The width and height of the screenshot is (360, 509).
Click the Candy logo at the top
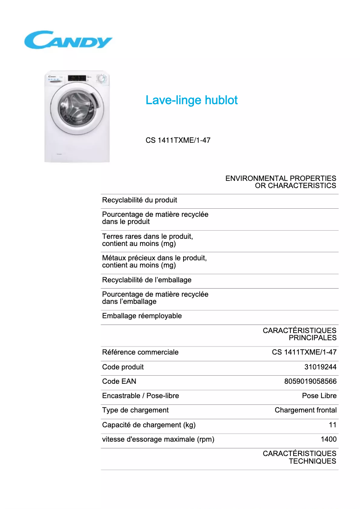pos(68,40)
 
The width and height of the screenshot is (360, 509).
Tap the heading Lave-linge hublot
pos(191,100)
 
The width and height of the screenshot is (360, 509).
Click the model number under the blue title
pos(178,140)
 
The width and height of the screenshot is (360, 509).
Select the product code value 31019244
pos(320,367)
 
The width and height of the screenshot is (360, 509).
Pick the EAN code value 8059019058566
pos(310,382)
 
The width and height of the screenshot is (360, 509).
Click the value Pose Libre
pos(319,396)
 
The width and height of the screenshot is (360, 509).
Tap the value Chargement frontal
pos(305,410)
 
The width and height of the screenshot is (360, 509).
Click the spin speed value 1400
pos(328,439)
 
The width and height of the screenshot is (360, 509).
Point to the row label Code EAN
pos(119,382)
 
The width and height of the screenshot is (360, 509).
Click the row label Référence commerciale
pos(140,352)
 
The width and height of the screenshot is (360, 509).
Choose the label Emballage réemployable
pos(142,316)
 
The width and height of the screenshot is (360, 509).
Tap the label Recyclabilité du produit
pos(140,200)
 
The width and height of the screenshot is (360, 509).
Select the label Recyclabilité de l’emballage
pos(147,280)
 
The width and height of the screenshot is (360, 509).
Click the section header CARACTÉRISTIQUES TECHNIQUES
pos(299,457)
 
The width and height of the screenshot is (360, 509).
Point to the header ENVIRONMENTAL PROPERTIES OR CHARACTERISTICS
pos(281,182)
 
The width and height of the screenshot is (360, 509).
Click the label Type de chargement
pos(135,410)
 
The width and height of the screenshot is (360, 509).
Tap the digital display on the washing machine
pos(77,78)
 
